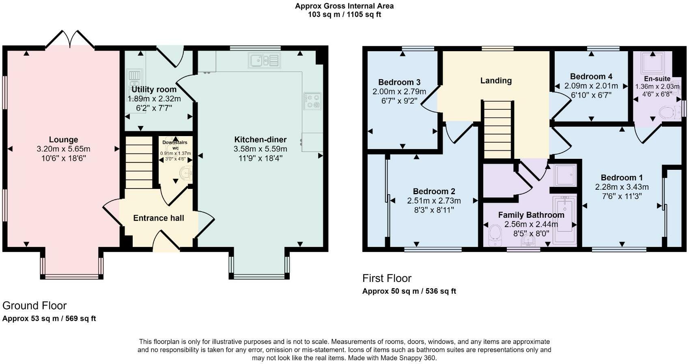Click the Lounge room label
pos(64,139)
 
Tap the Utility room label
pos(154,89)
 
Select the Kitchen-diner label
pos(261,139)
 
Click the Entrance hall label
pos(158,218)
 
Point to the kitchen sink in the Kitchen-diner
pos(264,61)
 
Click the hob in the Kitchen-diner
pos(312,101)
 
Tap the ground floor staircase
pos(139,162)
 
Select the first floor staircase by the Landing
pos(498,130)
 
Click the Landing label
pos(496,81)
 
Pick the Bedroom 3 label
pos(399,82)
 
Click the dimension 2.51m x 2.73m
pos(434,201)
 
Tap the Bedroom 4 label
pos(591,76)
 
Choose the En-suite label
pos(657,78)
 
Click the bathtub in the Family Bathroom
pos(564,220)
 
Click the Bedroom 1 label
pos(622,178)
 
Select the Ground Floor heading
pos(34,305)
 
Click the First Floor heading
pos(387,278)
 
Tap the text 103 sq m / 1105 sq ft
pos(344,14)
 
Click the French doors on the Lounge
pos(70,39)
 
